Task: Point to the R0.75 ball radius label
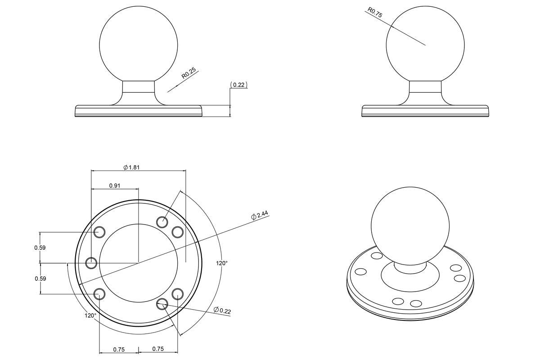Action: pos(374,12)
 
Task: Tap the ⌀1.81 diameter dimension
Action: pos(131,167)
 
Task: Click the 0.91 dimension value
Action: pos(114,185)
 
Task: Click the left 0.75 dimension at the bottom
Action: pos(119,349)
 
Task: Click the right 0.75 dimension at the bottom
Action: pos(158,349)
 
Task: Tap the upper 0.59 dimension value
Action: pos(40,247)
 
